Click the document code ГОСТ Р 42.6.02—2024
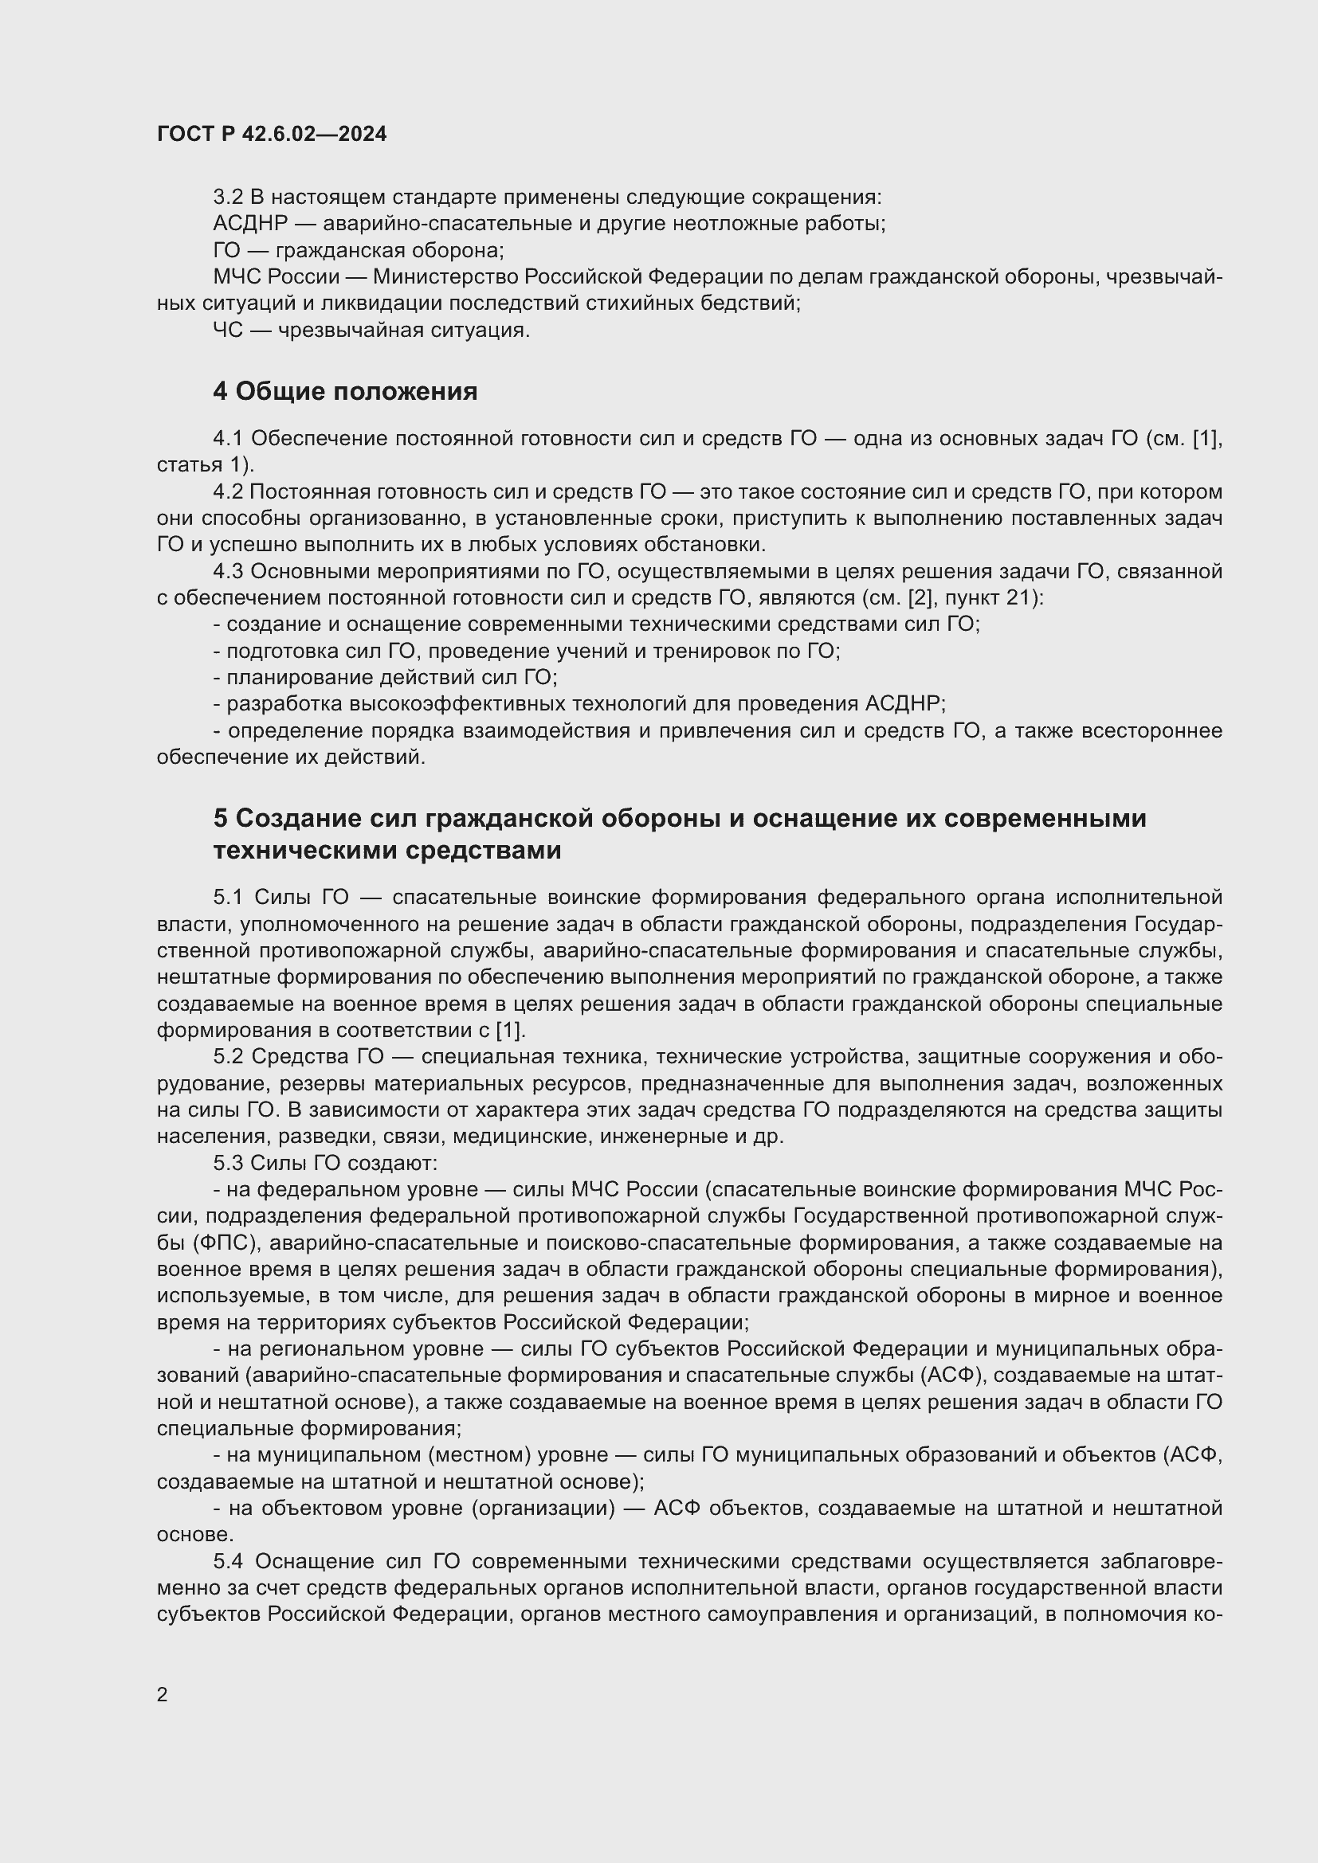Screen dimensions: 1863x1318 (x=272, y=134)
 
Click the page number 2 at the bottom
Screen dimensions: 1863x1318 (x=163, y=1694)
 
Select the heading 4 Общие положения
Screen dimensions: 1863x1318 (x=345, y=392)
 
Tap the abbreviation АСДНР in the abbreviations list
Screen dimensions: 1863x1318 (x=250, y=223)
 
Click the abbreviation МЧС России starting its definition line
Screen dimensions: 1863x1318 (x=276, y=276)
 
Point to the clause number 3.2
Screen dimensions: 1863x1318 (x=228, y=197)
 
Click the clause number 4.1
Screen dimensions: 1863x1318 (x=228, y=438)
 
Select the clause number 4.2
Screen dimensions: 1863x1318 (x=228, y=491)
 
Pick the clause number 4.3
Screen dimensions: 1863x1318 (x=228, y=571)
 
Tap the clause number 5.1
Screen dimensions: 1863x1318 (x=228, y=897)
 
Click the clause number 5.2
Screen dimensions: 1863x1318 (x=228, y=1056)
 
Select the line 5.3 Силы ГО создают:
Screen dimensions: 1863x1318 (x=324, y=1163)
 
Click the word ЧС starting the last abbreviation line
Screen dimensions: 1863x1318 (x=227, y=331)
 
